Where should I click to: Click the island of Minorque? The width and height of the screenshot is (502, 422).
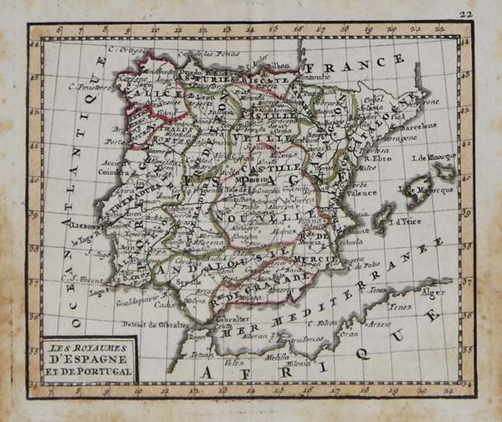tap(444, 172)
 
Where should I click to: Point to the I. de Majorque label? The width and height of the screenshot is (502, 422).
tap(429, 191)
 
